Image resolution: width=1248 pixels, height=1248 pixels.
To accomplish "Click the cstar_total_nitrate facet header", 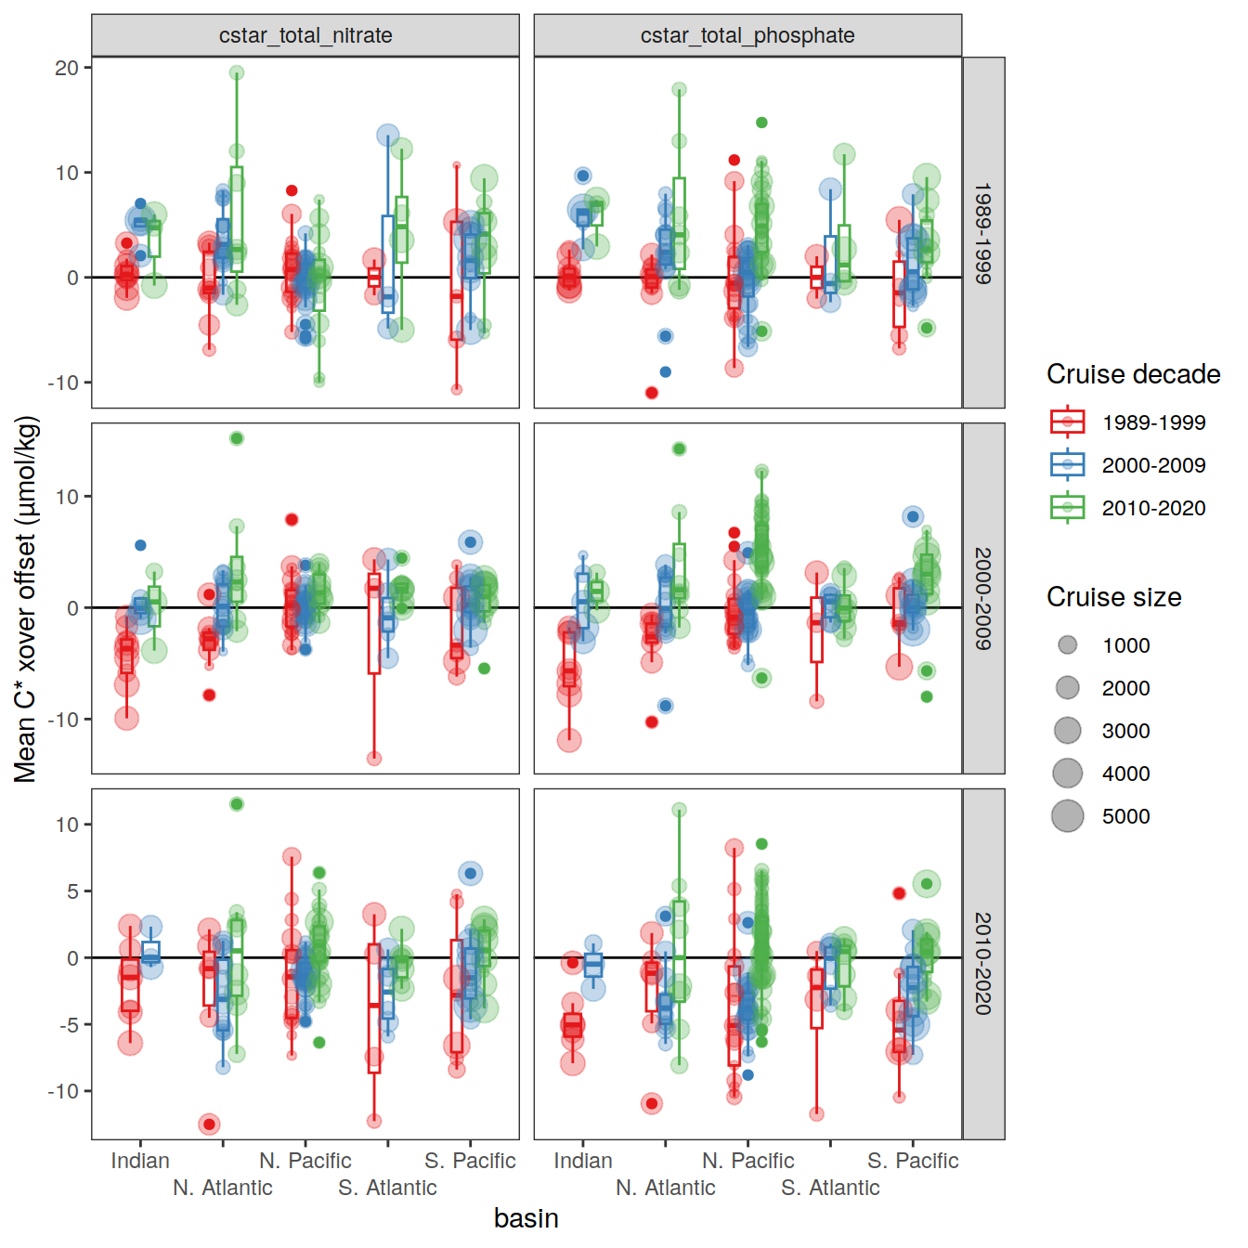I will coord(305,35).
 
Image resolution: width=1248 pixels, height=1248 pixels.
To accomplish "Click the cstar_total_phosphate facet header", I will coord(747,35).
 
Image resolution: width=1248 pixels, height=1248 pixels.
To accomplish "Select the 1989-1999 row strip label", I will coord(983,232).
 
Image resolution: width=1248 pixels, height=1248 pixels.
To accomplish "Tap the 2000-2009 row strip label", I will coord(983,598).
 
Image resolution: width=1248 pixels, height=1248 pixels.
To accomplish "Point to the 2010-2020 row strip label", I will coord(983,963).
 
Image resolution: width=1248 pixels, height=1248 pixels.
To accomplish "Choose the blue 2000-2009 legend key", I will coord(1068,465).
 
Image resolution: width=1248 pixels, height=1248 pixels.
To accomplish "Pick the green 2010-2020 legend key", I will coord(1068,508).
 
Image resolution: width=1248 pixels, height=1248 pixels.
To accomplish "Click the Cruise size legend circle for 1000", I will coord(1068,645).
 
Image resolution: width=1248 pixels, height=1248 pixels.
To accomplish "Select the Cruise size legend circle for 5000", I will coord(1068,816).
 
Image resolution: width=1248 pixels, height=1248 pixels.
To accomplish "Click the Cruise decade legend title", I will coord(1133,374).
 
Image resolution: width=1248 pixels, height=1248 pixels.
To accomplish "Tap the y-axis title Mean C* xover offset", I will coord(26,598).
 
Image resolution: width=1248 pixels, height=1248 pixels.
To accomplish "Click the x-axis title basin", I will coord(526,1218).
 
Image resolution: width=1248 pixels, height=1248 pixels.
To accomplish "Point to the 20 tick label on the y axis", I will coord(67,68).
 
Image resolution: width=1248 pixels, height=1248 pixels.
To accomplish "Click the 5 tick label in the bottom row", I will coord(72,891).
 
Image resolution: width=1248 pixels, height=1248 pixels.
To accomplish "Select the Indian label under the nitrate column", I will coord(140,1161).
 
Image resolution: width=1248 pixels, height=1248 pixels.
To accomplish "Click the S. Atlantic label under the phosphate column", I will coord(830,1188).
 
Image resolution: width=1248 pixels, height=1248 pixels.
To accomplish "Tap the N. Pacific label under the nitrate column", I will coord(305,1161).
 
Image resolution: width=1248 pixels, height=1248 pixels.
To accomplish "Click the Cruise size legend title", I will coord(1113,597).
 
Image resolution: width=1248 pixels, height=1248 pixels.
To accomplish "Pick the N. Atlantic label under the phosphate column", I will coord(666,1188).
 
